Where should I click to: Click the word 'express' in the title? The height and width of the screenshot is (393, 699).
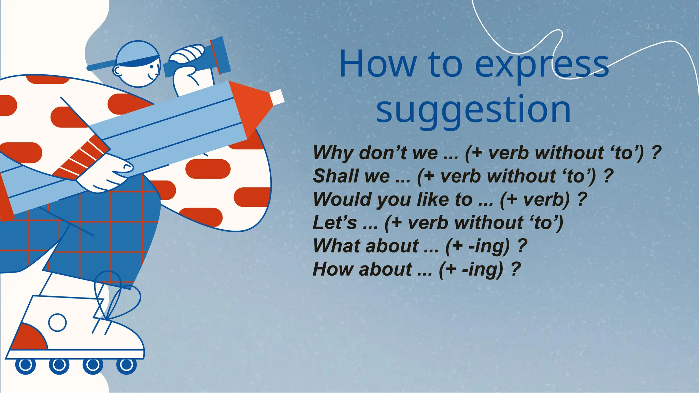(542, 65)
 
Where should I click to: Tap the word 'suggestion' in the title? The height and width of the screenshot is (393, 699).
(473, 110)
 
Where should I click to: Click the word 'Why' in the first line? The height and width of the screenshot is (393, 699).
(333, 153)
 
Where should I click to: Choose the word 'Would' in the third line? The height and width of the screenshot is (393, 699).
(342, 199)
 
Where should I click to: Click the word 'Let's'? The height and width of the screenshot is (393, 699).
(334, 222)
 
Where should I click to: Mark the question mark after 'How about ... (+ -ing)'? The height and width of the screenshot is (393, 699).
(516, 269)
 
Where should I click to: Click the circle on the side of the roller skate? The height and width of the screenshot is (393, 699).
(57, 322)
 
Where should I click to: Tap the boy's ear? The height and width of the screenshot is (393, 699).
(118, 71)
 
